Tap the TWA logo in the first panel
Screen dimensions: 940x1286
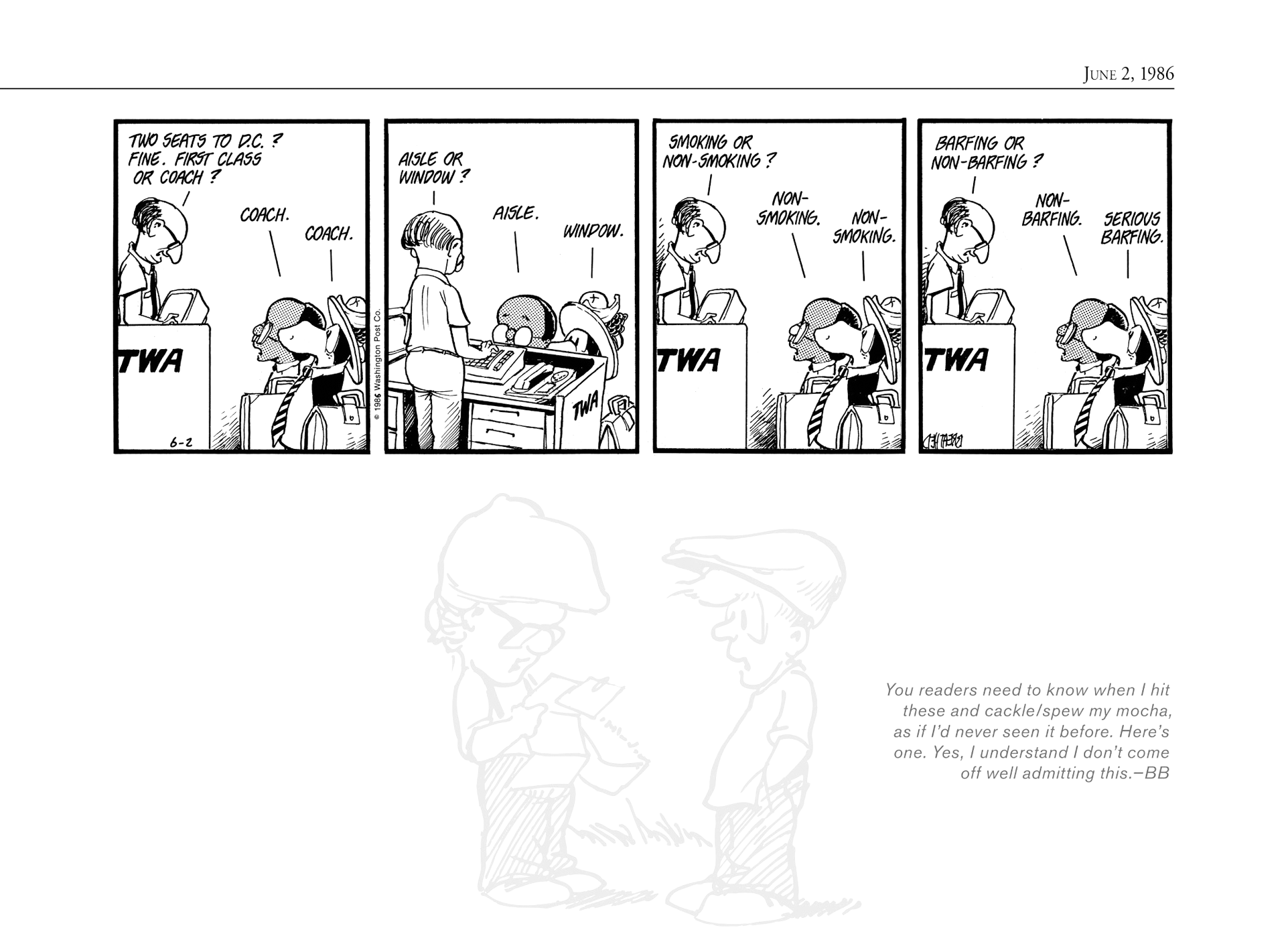tap(151, 361)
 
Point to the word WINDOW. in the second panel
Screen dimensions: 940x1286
tap(593, 231)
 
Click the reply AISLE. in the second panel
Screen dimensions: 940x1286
tap(515, 214)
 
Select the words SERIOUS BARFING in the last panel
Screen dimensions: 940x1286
tap(1131, 228)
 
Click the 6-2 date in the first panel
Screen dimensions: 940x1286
tap(181, 442)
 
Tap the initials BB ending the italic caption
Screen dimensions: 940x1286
tap(1156, 773)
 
